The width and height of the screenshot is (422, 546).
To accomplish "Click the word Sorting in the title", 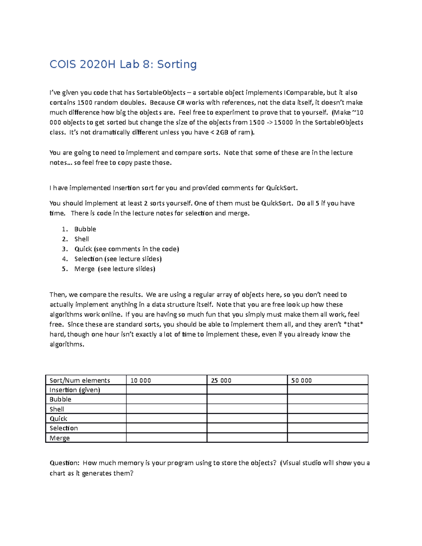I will click(x=177, y=64).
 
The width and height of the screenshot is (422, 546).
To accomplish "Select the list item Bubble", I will click(x=85, y=229).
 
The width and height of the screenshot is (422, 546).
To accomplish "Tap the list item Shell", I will click(x=82, y=239).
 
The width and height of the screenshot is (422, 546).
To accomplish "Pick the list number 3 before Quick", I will click(x=64, y=249).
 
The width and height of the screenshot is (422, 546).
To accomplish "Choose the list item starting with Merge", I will click(x=115, y=269).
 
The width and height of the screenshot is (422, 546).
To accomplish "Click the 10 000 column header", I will click(x=141, y=380).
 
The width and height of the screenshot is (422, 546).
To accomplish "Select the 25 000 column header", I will click(x=221, y=380).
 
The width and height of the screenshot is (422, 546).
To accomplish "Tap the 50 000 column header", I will click(x=301, y=380).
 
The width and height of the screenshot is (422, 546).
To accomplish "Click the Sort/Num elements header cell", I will click(x=80, y=380).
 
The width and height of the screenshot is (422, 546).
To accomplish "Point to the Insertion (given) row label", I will click(x=75, y=390).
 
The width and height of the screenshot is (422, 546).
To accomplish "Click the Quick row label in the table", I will click(x=58, y=419).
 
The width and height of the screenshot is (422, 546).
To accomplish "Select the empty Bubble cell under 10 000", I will click(x=166, y=399).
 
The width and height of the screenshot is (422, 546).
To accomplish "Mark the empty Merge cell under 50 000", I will click(x=327, y=438).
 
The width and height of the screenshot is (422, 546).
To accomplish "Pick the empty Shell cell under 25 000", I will click(x=247, y=409).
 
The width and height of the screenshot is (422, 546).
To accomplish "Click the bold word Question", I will click(x=64, y=463).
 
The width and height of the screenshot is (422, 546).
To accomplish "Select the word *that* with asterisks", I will click(x=352, y=325).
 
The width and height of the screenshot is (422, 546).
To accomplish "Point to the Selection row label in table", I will click(x=64, y=428).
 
